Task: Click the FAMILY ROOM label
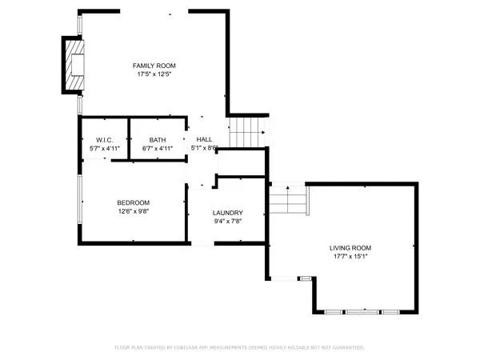pos(154,65)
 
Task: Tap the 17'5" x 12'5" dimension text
pos(154,74)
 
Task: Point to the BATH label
pos(157,140)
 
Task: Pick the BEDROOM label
pos(133,202)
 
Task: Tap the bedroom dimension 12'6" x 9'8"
pos(133,212)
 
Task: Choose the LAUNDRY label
pos(227,212)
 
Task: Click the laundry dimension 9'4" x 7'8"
pos(227,222)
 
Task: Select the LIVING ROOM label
pos(350,248)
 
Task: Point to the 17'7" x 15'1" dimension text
pos(350,257)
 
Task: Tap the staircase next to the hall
pos(246,132)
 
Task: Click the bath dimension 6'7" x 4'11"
pos(157,148)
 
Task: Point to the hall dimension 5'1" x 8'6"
pos(205,148)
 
